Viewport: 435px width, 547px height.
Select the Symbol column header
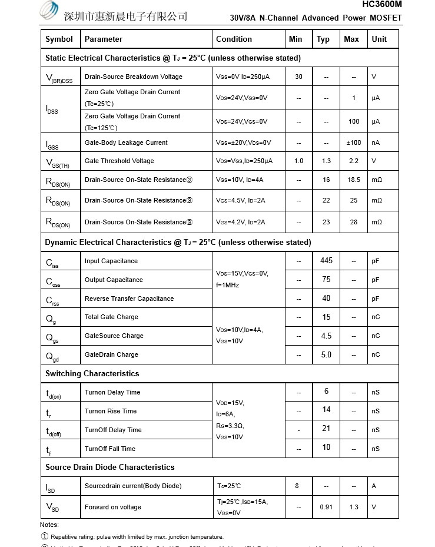click(x=59, y=39)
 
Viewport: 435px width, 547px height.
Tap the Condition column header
click(x=234, y=39)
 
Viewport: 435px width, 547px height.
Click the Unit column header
click(x=379, y=39)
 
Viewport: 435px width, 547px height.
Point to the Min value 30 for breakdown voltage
click(x=298, y=77)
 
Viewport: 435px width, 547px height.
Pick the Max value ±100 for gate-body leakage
click(x=353, y=142)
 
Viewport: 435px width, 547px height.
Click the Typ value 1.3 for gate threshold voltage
click(x=326, y=161)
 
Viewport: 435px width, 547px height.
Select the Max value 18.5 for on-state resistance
click(x=353, y=180)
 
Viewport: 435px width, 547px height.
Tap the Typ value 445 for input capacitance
click(x=326, y=260)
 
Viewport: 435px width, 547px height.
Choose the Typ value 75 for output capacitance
click(x=326, y=280)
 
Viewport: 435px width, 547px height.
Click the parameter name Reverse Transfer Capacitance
click(x=129, y=299)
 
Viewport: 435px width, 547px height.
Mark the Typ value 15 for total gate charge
click(x=326, y=317)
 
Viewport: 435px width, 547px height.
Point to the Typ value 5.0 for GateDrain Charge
click(x=326, y=354)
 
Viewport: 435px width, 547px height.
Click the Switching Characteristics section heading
click(x=92, y=373)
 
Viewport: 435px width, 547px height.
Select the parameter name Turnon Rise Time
click(x=110, y=411)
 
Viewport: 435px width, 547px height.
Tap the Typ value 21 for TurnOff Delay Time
click(x=326, y=429)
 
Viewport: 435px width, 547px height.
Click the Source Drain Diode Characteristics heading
click(x=109, y=467)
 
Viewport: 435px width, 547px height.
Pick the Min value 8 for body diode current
click(x=297, y=486)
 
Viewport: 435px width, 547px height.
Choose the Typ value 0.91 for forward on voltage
click(x=326, y=507)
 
